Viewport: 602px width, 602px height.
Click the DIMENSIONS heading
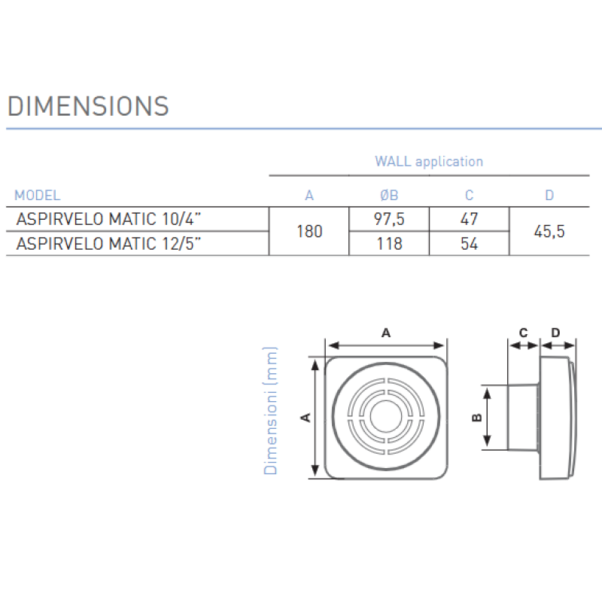(88, 106)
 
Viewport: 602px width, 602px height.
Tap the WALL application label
(429, 162)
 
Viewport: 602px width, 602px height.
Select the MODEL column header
(37, 196)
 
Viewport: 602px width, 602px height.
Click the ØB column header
(389, 196)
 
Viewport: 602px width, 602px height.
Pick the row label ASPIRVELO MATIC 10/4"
(108, 219)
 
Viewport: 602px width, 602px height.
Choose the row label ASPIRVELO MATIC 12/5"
(108, 244)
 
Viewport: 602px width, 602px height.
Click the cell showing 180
(309, 232)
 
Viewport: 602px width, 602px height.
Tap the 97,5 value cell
(389, 219)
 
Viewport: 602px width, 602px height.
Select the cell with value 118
(389, 244)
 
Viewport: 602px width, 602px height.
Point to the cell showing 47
(469, 219)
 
